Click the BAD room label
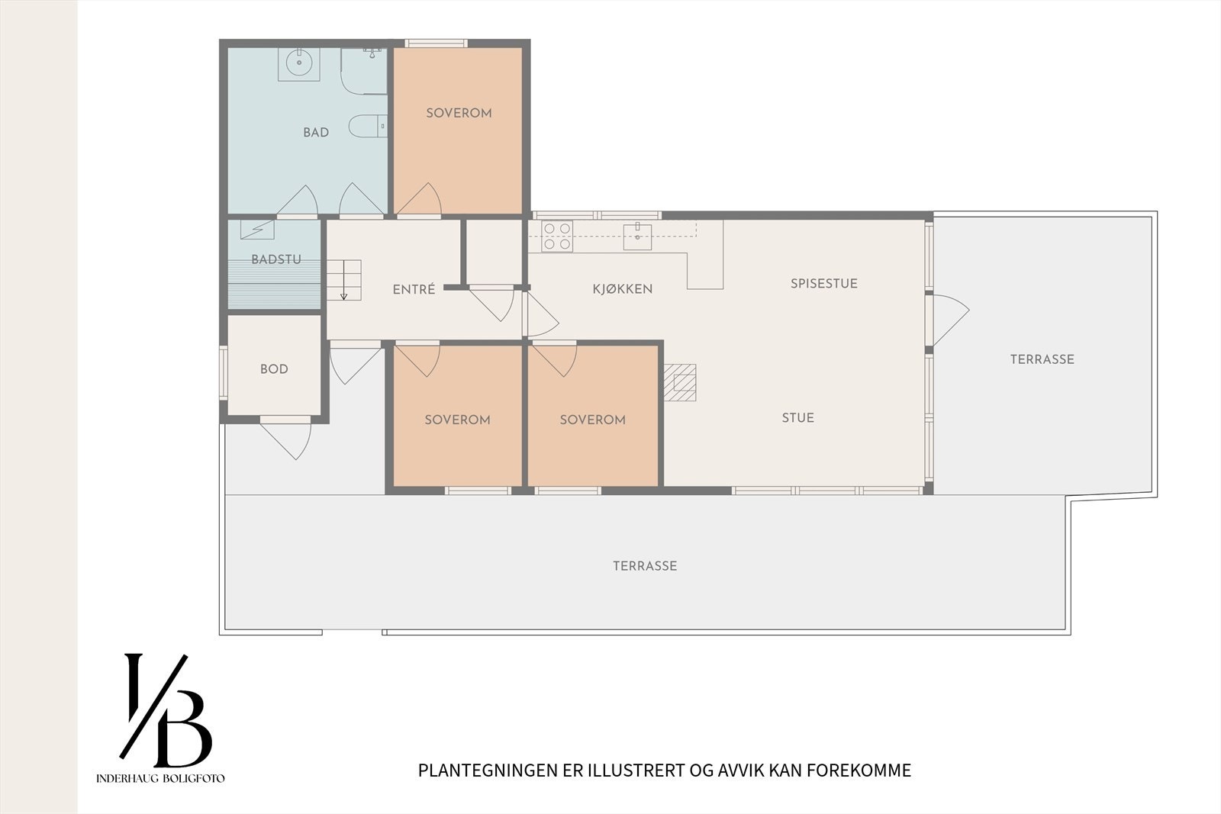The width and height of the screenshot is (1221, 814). point(316,133)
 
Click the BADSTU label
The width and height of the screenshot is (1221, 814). point(275,259)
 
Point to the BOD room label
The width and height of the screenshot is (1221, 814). point(274,369)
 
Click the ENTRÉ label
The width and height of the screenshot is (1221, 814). point(414,290)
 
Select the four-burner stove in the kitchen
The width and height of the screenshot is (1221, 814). point(557,236)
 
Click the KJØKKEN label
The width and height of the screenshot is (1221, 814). point(623,289)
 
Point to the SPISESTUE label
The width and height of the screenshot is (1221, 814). point(823,284)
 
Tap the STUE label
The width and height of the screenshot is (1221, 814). point(797,418)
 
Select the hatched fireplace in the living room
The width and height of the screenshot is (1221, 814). point(679,382)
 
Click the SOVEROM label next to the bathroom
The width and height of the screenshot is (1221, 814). point(459,113)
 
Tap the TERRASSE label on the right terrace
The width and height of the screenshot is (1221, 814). point(1042,359)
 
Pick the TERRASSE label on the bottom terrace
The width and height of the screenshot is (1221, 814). point(645,566)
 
